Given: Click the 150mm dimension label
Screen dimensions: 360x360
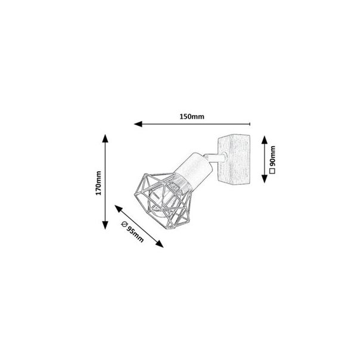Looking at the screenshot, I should tap(191, 117).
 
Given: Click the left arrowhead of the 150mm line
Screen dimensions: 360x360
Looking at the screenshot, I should tap(136, 125).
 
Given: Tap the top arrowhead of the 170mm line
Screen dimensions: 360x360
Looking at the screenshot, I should tap(105, 137).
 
